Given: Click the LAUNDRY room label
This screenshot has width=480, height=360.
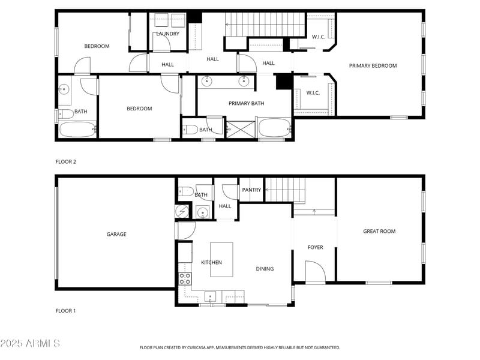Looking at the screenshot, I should [167, 34].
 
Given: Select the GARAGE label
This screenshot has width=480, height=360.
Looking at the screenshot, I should [116, 235].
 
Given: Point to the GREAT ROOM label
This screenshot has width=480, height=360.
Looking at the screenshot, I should [379, 231].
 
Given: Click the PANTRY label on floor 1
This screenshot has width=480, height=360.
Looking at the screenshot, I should [251, 190].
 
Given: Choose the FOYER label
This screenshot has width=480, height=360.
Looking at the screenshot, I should [315, 247].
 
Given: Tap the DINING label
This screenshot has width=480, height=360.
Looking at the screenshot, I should [265, 269].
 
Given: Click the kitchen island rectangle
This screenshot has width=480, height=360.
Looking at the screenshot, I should [221, 259].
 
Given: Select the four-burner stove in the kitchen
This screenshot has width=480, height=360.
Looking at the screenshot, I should [185, 278].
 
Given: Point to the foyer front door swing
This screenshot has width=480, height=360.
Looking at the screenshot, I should [314, 272].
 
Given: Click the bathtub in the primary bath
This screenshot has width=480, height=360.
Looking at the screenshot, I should [274, 128].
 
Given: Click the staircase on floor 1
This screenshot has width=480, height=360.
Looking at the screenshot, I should [285, 190].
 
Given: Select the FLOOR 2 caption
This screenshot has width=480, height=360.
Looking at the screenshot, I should [66, 162].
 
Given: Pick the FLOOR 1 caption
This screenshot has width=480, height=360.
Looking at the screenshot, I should [66, 311].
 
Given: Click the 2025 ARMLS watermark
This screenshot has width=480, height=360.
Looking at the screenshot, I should [30, 344].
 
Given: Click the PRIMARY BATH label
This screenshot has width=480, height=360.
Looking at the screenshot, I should [246, 103].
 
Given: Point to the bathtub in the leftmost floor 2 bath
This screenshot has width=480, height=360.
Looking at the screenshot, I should [77, 129].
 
